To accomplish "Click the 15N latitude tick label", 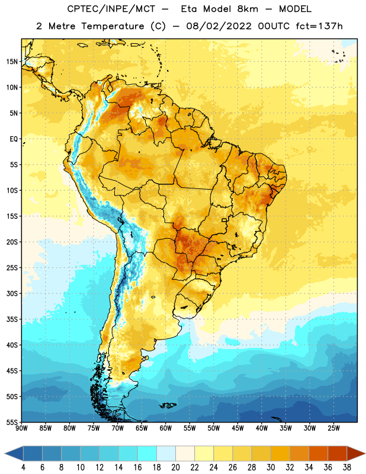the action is tap(12, 62).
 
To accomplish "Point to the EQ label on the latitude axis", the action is tap(14, 139).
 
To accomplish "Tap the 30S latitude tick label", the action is tap(12, 293).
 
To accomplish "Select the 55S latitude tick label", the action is tap(12, 422).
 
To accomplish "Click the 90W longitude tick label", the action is tap(21, 428).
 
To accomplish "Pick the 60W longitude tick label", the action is tap(166, 428).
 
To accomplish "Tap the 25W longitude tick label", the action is tap(333, 428).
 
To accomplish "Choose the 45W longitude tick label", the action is tap(237, 428).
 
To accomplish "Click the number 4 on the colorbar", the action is tap(23, 467).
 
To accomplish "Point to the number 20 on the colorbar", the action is tap(175, 467).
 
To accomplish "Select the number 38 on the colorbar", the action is tap(347, 467).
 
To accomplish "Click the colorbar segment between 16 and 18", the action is tap(147, 454).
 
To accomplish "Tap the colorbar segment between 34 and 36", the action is tap(318, 454).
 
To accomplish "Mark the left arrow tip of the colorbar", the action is tap(5, 454).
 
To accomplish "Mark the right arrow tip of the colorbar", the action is tap(365, 454).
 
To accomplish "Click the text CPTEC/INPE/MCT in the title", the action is tap(111, 9).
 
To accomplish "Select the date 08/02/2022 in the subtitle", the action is tap(219, 26).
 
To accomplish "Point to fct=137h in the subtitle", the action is tap(319, 26).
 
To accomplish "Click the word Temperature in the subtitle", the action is tap(113, 26).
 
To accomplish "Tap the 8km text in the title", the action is tap(248, 9).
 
